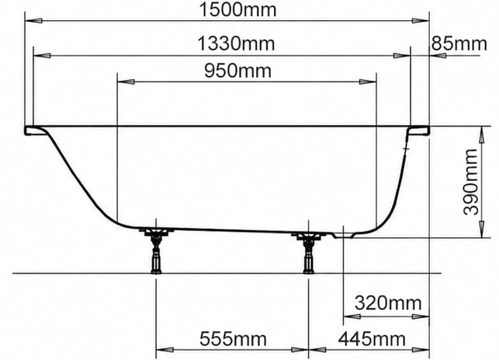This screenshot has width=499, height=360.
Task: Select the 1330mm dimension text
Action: [x=236, y=43]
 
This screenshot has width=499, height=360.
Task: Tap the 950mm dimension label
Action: [x=237, y=71]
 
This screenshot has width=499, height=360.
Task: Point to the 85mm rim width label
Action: [x=459, y=43]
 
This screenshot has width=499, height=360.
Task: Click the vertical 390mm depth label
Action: [x=471, y=182]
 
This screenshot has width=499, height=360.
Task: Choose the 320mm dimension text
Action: [x=388, y=303]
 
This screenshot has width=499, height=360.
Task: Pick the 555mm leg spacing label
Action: [x=233, y=339]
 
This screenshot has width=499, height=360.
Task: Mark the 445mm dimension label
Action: [x=372, y=339]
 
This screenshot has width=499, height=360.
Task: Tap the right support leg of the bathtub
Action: [x=308, y=251]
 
